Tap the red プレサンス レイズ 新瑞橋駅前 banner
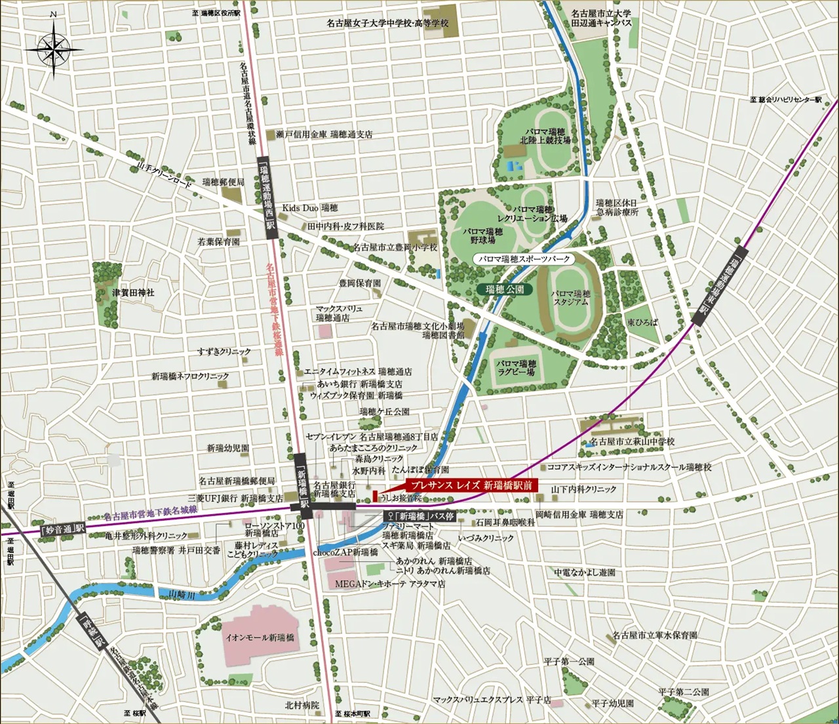[x=471, y=485]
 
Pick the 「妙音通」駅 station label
[x=63, y=529]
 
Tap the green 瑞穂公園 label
[x=505, y=289]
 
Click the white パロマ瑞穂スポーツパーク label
[x=524, y=260]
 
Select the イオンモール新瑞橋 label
[x=260, y=637]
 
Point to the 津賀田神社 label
[x=133, y=292]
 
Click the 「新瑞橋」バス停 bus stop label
[x=419, y=516]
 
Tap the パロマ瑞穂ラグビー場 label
[x=516, y=368]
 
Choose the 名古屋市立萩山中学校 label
[x=632, y=442]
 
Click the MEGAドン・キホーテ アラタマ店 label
[x=390, y=583]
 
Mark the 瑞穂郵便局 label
[x=223, y=182]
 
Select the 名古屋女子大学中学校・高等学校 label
[x=388, y=23]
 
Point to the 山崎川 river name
[x=182, y=594]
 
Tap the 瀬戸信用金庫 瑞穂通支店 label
[x=324, y=134]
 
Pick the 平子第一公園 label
[x=569, y=662]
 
